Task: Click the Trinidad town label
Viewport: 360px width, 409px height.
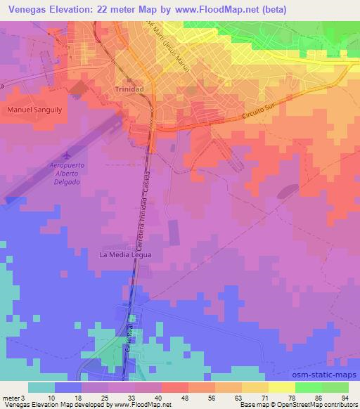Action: pyautogui.click(x=129, y=90)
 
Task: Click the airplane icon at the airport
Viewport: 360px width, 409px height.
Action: pyautogui.click(x=67, y=154)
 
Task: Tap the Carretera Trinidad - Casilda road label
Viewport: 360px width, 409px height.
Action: pyautogui.click(x=144, y=210)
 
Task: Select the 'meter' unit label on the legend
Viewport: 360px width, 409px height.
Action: pyautogui.click(x=11, y=398)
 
